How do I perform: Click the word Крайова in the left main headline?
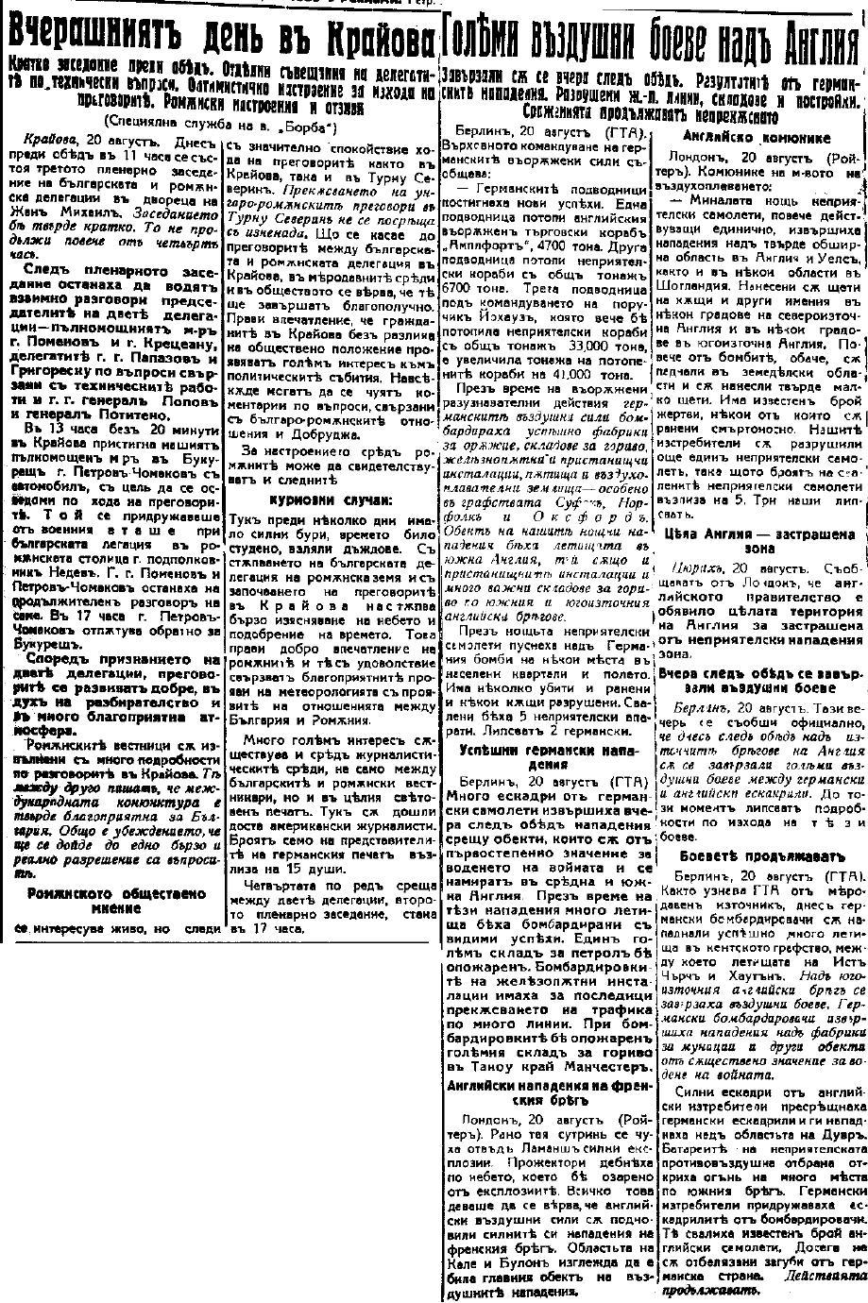pos(378,37)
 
